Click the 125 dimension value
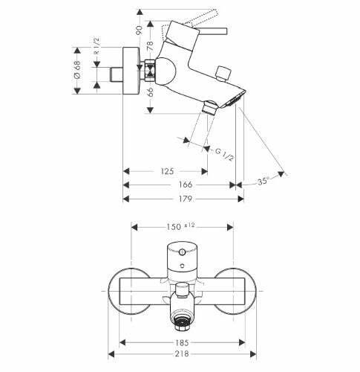pos(167,171)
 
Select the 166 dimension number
pos(186,185)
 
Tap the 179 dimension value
pos(186,199)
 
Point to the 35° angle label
pos(263,182)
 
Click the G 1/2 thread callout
pos(224,154)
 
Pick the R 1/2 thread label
pos(96,46)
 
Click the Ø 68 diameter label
pos(77,69)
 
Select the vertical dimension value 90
pos(140,30)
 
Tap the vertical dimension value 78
pos(150,46)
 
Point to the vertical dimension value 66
pos(150,92)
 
